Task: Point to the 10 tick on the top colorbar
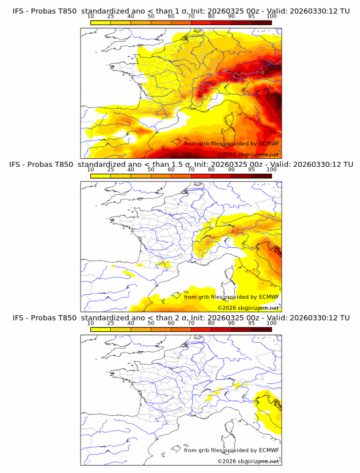coord(90,16)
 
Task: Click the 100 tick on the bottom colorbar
coord(271,322)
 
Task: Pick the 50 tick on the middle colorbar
coord(151,169)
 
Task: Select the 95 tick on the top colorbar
coord(251,16)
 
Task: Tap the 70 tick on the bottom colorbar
coord(191,322)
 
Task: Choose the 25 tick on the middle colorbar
coord(110,169)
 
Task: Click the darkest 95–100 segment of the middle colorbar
coord(261,175)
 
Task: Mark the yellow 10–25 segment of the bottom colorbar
coord(101,328)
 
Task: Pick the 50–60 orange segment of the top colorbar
coord(161,22)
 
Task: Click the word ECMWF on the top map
coord(269,143)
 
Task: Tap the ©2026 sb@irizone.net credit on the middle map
coord(248,308)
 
